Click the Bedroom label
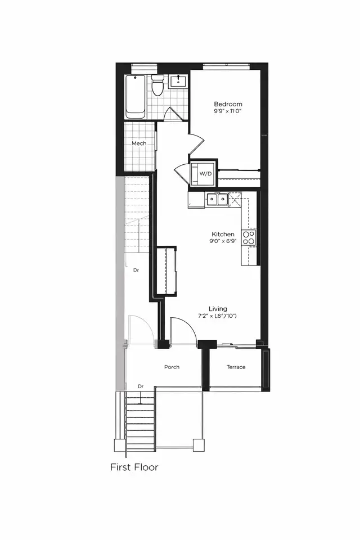tap(228, 104)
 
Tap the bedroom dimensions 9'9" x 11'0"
tap(228, 112)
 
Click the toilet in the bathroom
tap(158, 87)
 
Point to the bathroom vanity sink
tap(179, 82)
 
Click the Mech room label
tap(139, 143)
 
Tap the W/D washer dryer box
tap(202, 173)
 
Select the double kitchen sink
tap(217, 199)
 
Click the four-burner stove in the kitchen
tap(249, 237)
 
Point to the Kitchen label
tap(223, 234)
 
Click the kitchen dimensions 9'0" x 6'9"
tap(223, 242)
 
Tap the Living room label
tap(218, 308)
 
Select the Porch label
tap(172, 367)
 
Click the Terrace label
tap(236, 367)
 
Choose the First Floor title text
tap(134, 467)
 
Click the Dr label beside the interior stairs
tap(136, 271)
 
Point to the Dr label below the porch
tap(141, 386)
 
